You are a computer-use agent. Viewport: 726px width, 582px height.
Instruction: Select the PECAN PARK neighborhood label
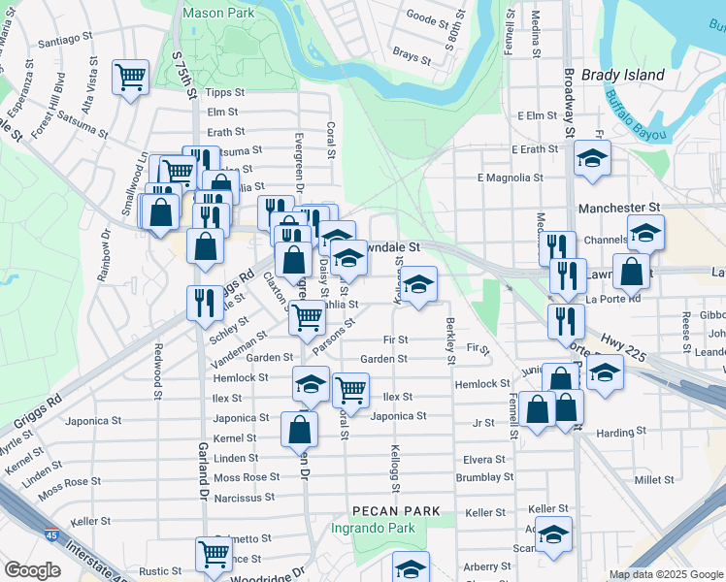pyautogui.click(x=396, y=510)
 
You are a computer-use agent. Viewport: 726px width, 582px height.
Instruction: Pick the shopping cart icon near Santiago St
pyautogui.click(x=130, y=77)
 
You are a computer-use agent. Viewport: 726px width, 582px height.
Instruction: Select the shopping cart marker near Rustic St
pyautogui.click(x=214, y=554)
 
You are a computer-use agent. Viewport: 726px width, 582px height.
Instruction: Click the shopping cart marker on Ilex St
pyautogui.click(x=349, y=389)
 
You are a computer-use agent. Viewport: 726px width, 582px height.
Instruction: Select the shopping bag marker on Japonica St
pyautogui.click(x=299, y=428)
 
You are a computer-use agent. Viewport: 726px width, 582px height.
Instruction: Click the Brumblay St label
pyautogui.click(x=484, y=477)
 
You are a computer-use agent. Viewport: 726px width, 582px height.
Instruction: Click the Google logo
pyautogui.click(x=33, y=569)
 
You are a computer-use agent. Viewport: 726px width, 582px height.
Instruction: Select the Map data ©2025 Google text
pyautogui.click(x=665, y=574)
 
